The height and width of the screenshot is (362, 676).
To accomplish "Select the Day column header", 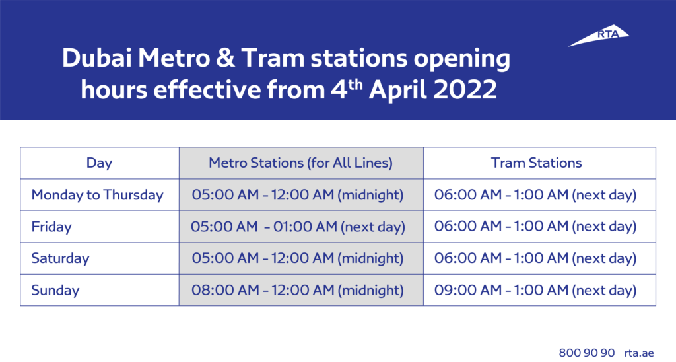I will (x=99, y=163).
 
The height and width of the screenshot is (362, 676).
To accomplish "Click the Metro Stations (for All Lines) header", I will (x=300, y=163).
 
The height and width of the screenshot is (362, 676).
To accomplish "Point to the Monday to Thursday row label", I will (x=97, y=195).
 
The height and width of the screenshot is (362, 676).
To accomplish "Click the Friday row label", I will (x=51, y=227).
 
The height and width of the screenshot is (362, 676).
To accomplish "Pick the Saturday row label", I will (x=60, y=258).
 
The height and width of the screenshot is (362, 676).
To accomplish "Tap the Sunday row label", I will (x=55, y=290).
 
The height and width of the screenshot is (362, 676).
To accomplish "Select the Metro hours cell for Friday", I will (x=298, y=227).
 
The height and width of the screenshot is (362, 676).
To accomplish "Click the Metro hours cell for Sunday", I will (x=298, y=290).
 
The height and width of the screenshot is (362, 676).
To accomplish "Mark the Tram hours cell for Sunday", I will (x=535, y=290).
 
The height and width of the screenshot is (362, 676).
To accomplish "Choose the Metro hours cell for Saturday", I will (x=298, y=258).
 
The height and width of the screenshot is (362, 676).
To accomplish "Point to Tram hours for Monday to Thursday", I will (x=535, y=195).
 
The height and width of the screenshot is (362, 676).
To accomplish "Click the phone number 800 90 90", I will (x=587, y=351).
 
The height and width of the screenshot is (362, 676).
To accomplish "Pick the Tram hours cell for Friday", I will (x=535, y=227).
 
